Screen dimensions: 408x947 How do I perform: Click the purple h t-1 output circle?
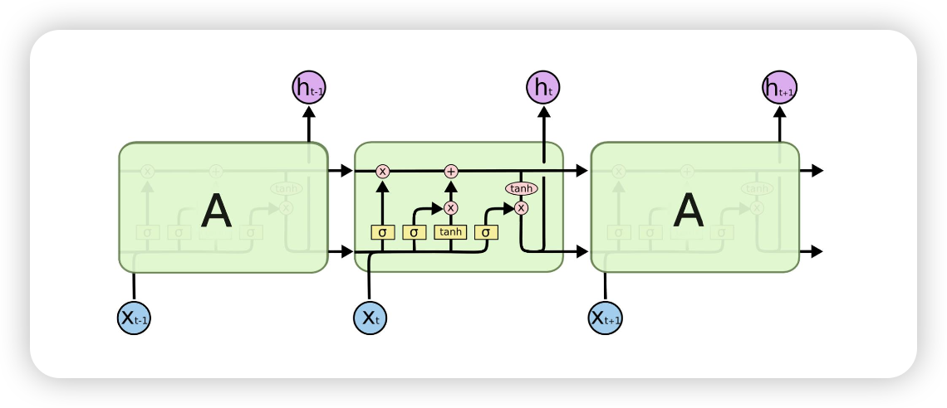click(309, 87)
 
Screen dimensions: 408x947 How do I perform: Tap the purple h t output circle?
click(543, 87)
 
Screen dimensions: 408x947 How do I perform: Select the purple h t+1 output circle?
click(779, 87)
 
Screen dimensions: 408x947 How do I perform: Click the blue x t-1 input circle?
click(134, 318)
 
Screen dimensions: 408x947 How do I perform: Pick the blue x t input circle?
click(370, 318)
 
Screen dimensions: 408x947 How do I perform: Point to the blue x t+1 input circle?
click(606, 318)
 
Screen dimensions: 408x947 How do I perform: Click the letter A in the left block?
click(216, 211)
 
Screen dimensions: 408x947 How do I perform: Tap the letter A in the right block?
click(689, 211)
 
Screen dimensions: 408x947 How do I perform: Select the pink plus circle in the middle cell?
click(451, 171)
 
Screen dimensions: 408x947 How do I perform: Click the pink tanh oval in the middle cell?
click(522, 189)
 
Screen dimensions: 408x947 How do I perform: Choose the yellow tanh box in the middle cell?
click(451, 232)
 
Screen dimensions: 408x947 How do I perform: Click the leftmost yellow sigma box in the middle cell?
click(382, 232)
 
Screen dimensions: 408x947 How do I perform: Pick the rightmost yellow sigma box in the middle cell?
click(486, 232)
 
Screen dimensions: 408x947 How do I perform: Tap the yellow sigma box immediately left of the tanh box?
click(415, 232)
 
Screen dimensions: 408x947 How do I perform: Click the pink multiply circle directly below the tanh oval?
click(522, 207)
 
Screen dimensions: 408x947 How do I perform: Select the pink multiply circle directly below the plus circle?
click(451, 207)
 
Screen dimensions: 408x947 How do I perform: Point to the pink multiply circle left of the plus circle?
click(383, 171)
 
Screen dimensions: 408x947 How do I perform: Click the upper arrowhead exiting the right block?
click(817, 171)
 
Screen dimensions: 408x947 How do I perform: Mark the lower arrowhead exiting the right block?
click(817, 251)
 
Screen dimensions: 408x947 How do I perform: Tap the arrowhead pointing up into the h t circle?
click(543, 112)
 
